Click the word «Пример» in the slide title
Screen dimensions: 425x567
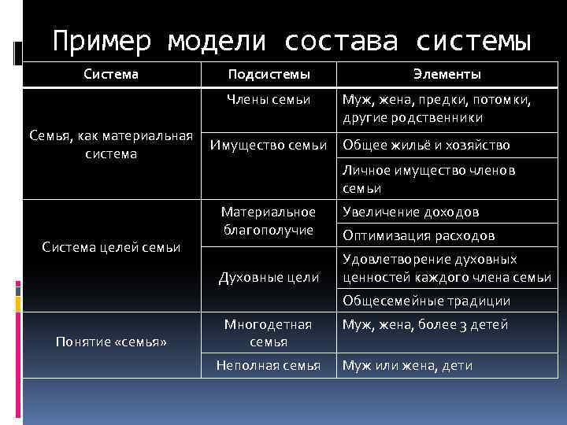100,40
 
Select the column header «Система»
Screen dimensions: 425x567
111,74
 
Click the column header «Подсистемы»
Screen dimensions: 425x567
268,74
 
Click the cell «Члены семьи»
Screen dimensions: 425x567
268,99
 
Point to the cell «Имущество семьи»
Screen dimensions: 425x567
268,145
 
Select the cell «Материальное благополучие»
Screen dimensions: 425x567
268,220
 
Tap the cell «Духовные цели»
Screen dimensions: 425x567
268,276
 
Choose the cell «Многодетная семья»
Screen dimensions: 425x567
268,333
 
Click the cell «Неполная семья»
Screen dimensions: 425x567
268,365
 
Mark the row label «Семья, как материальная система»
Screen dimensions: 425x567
111,145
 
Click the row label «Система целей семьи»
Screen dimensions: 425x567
111,247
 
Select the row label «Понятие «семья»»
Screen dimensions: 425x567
111,341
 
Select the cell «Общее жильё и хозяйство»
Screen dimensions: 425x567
426,145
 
